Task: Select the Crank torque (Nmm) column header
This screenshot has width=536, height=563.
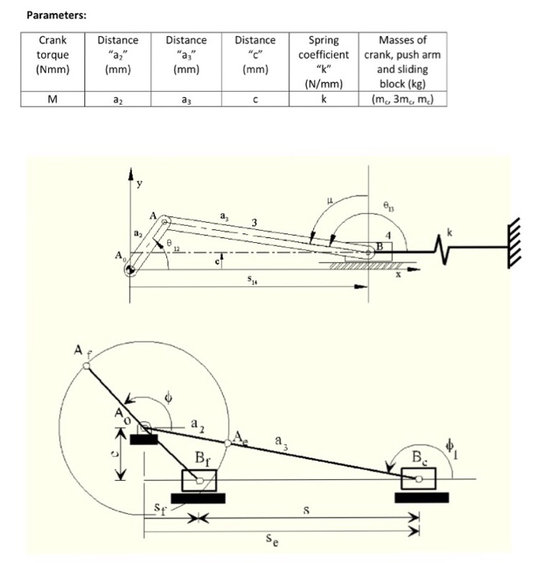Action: click(53, 55)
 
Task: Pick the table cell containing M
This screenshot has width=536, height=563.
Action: click(53, 100)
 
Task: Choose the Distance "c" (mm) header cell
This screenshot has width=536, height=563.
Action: click(255, 55)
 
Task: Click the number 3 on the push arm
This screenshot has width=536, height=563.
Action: click(254, 222)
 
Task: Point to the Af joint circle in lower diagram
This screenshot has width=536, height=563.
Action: click(88, 366)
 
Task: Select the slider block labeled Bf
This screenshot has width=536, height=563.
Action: click(199, 480)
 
